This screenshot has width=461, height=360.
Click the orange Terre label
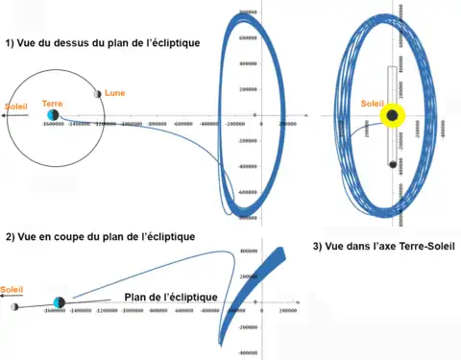[x=53, y=103]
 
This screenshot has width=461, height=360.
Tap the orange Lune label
[x=114, y=92]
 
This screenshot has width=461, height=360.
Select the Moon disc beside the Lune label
[x=98, y=94]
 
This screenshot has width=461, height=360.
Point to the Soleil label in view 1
[x=16, y=106]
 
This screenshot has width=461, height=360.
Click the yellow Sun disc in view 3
[x=392, y=116]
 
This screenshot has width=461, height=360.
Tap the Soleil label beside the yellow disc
[x=371, y=103]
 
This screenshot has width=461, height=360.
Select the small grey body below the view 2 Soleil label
[x=15, y=307]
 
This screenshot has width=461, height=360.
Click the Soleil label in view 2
[x=12, y=289]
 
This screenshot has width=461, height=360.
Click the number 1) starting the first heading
[x=10, y=43]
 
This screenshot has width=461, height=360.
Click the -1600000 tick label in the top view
[x=57, y=125]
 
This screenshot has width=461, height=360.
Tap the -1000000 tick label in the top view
[x=142, y=124]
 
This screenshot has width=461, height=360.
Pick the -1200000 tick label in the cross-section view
[x=114, y=313]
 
